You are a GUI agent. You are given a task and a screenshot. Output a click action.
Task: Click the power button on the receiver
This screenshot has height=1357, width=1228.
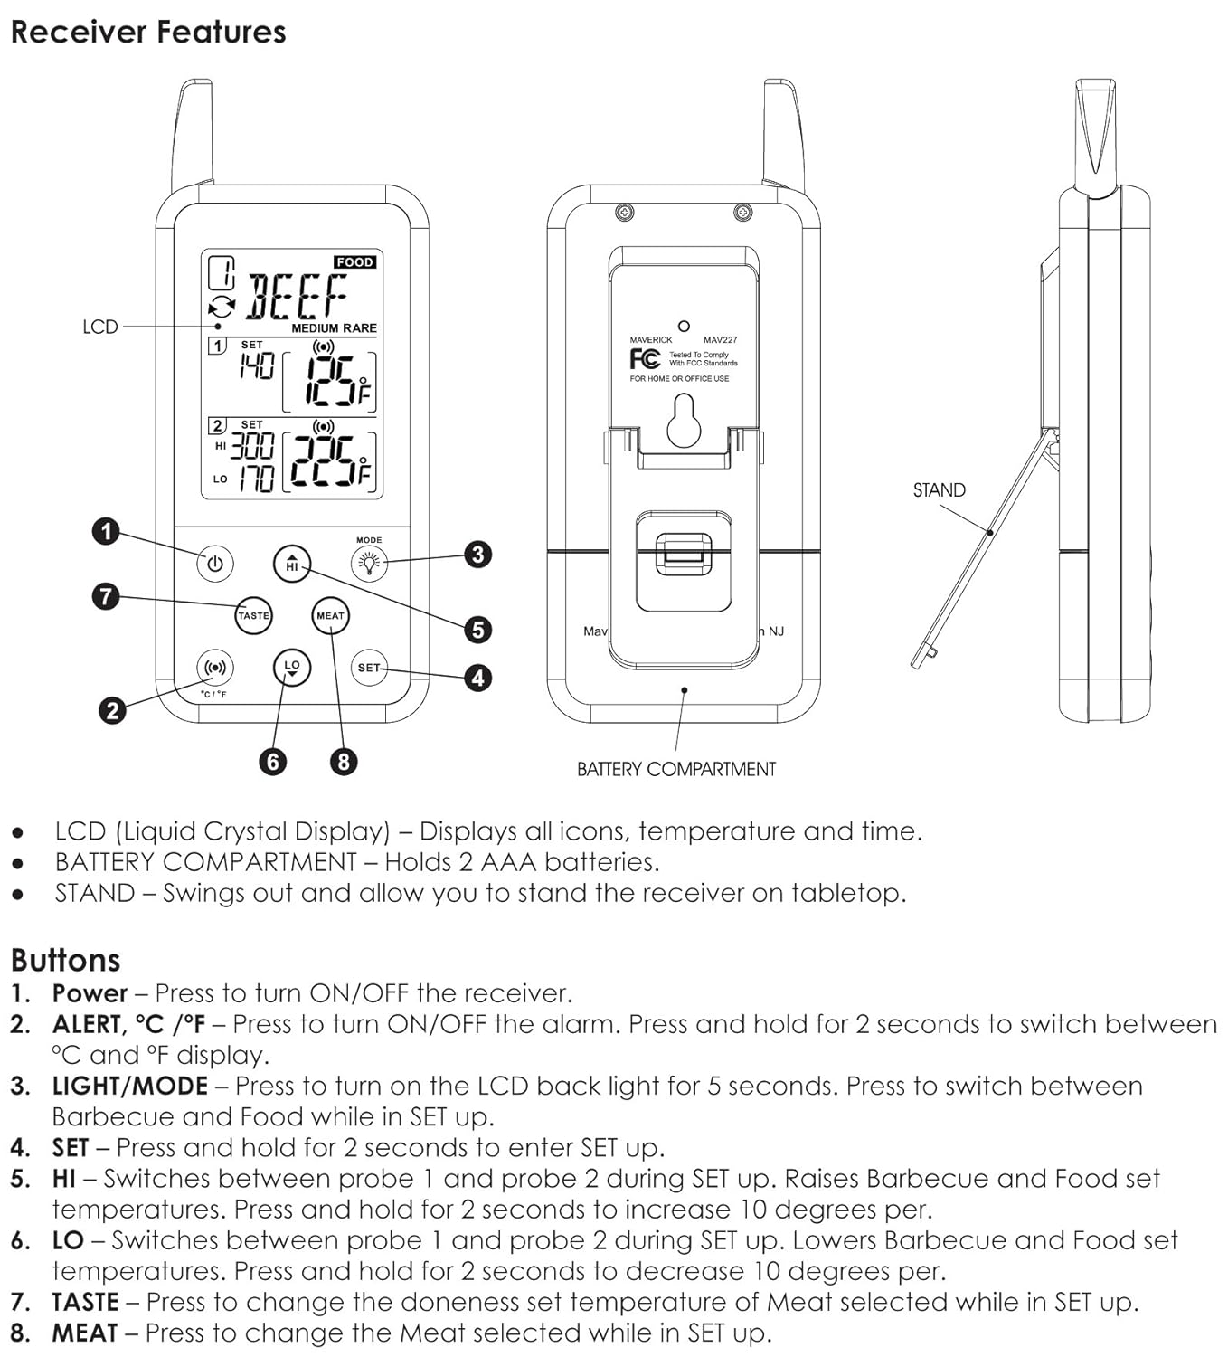pos(215,564)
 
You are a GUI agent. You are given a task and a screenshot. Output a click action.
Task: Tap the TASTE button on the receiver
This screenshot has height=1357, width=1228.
pos(253,615)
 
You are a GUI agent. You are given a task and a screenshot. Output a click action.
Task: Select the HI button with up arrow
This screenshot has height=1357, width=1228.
pos(291,564)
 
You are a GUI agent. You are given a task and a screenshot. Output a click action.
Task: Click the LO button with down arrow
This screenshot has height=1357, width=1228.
pos(291,668)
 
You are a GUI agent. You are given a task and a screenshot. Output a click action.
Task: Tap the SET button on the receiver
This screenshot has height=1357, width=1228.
pos(369,668)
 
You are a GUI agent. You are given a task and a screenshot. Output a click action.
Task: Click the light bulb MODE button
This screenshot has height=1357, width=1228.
pos(369,564)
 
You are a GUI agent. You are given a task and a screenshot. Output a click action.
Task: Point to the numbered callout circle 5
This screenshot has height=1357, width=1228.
pos(477,629)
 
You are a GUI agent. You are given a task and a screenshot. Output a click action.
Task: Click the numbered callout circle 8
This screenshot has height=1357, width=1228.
pos(343,761)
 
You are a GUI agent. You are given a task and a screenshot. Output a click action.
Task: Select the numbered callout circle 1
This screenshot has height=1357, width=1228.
pos(107,531)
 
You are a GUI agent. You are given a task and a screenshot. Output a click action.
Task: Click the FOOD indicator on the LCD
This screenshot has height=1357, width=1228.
pos(354,262)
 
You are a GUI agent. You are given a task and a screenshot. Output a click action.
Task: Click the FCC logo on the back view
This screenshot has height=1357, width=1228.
pos(644,359)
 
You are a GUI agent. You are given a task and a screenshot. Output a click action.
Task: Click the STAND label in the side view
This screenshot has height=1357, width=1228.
pos(939,490)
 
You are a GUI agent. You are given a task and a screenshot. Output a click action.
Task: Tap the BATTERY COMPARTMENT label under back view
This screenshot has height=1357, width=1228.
pos(676,769)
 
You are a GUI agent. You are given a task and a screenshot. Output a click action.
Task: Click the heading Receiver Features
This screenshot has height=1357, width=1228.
pos(148,33)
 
